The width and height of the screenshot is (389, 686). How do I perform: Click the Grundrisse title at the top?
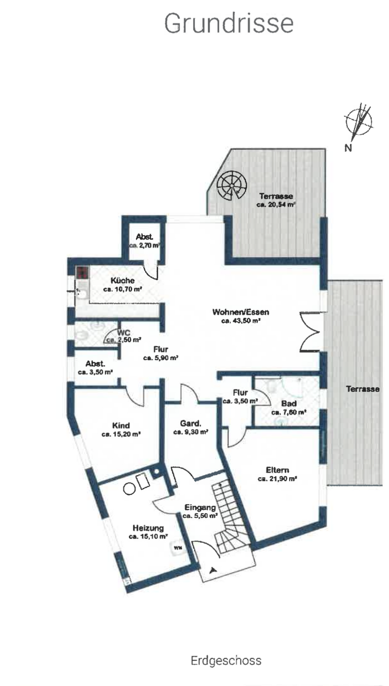(229, 23)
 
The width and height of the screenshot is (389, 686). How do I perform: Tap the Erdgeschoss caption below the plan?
(226, 661)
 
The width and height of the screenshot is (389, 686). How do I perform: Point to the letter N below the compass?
(349, 148)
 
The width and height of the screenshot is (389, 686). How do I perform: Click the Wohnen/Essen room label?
(241, 313)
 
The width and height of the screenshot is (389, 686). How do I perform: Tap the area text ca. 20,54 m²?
(276, 205)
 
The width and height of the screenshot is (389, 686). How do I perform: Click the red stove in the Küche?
(83, 273)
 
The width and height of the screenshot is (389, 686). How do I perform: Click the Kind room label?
(121, 425)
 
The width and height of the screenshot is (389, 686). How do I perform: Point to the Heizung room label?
(148, 528)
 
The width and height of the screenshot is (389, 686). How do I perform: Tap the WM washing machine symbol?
(178, 548)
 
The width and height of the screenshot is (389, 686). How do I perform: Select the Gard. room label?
(190, 423)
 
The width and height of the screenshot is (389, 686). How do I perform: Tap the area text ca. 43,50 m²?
(241, 322)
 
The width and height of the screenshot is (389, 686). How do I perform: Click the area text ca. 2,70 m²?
(144, 246)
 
